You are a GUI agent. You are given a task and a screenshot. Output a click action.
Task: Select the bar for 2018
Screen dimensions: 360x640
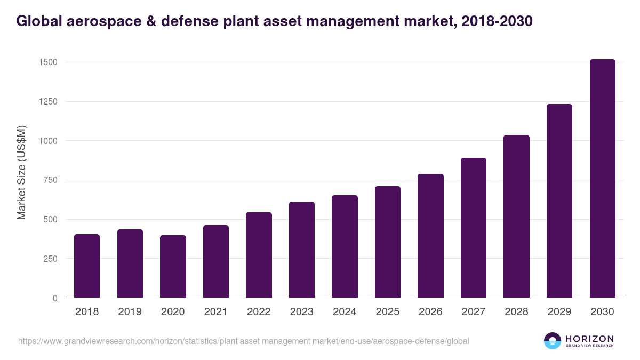87,266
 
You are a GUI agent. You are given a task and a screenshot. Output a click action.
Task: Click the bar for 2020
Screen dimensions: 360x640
173,266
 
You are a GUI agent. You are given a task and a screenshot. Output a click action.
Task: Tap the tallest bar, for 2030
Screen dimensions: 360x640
602,179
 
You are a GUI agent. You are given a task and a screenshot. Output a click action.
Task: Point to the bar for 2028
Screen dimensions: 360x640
516,216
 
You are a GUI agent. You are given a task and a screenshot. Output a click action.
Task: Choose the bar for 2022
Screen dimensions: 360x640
259,255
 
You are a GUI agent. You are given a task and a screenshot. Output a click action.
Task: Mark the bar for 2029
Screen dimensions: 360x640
559,201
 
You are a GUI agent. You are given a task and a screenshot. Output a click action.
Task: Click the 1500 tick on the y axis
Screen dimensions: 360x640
48,62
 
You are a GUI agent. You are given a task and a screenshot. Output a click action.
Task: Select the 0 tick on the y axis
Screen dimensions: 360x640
55,298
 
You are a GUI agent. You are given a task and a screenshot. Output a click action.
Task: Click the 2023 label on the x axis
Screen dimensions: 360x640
301,312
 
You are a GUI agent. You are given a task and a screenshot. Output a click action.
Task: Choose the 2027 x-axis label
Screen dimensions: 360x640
473,312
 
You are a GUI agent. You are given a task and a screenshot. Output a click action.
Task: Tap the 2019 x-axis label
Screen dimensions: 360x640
130,312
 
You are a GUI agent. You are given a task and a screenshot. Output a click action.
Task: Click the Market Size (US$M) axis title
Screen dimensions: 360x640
21,172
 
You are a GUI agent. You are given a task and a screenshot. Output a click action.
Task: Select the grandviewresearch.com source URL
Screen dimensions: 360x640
244,341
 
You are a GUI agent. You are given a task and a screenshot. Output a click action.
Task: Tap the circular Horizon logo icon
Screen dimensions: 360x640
553,341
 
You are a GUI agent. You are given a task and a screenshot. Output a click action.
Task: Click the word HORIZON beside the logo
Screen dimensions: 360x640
589,338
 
